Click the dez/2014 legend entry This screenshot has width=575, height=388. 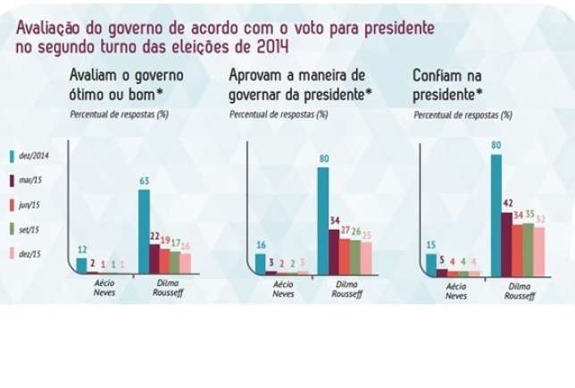(x=33, y=156)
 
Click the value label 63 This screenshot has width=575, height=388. (x=143, y=181)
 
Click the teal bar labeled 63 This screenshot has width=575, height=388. (x=143, y=230)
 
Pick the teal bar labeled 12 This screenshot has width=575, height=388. (x=82, y=264)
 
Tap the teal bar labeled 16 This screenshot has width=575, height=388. (x=261, y=262)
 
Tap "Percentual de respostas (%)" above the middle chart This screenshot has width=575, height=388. (x=278, y=114)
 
